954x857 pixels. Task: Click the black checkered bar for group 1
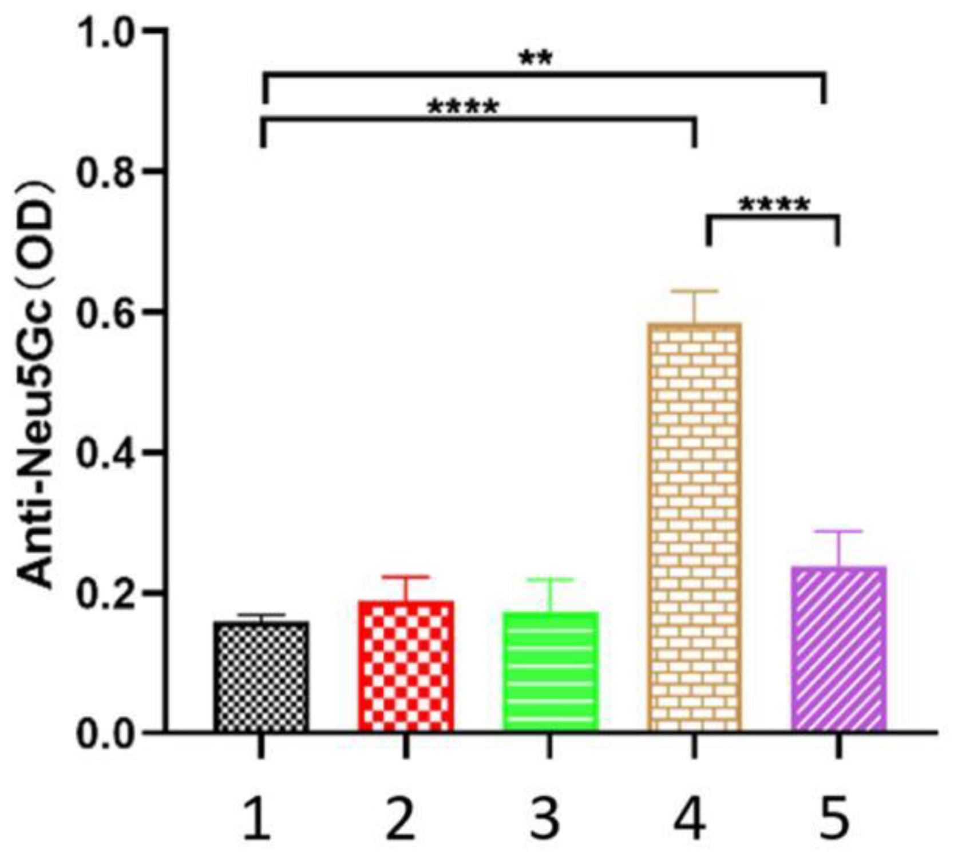click(262, 677)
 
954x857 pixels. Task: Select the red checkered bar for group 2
click(406, 666)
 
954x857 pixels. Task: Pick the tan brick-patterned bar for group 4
click(694, 527)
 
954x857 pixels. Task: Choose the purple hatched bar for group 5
click(839, 649)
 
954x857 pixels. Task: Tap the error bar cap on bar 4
click(694, 292)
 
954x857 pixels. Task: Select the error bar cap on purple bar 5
click(839, 532)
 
